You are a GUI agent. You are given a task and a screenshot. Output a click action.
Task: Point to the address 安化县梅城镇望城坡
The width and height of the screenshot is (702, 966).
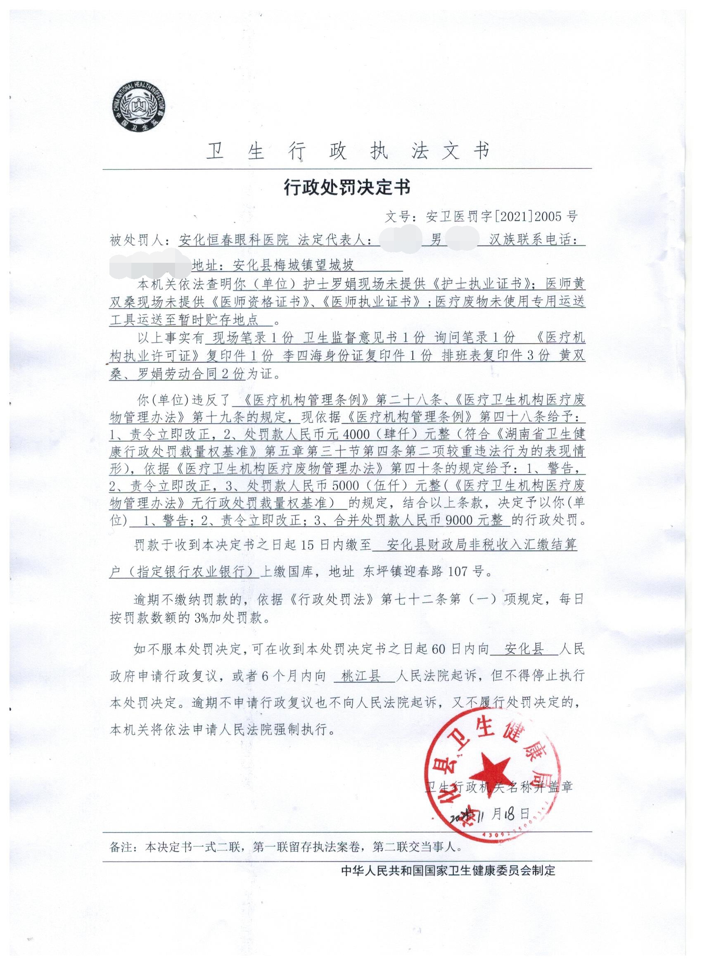point(293,266)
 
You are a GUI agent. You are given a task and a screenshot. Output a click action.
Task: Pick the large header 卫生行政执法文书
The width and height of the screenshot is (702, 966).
point(347,151)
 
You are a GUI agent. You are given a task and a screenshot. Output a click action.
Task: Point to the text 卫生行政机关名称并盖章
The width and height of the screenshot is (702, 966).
point(498,785)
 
